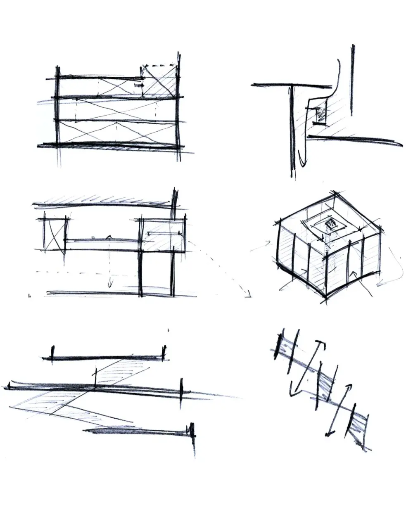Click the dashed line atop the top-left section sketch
pos(159,65)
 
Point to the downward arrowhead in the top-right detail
pos(303,163)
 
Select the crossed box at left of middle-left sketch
pos(54,234)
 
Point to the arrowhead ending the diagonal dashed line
pos(248,294)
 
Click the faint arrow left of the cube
pos(260,247)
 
